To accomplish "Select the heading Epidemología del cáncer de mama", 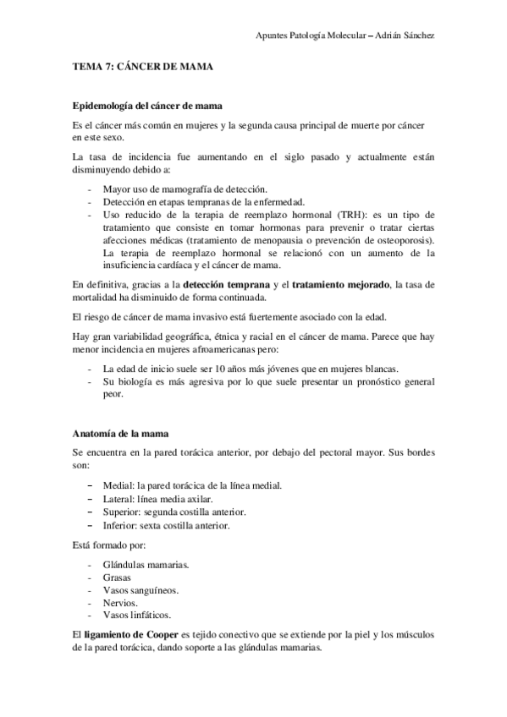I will pos(147,107).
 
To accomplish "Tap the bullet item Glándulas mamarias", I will pos(145,563).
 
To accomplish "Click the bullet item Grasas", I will pos(117,577).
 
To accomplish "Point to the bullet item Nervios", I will pos(120,604).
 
